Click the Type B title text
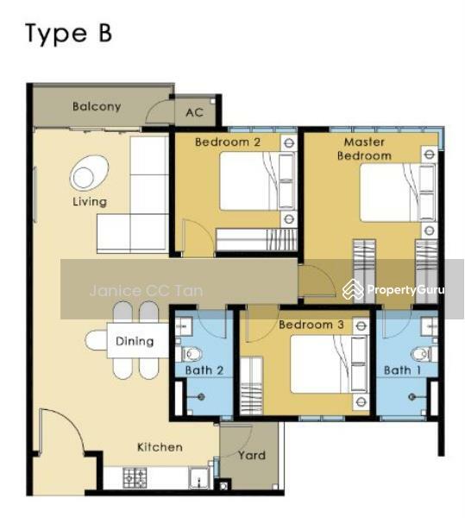[69, 34]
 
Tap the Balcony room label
[97, 107]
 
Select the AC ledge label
[194, 112]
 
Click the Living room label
[90, 201]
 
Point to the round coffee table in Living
[89, 173]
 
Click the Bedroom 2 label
[228, 142]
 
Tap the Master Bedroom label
[364, 148]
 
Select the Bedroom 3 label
[311, 325]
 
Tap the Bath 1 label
[402, 370]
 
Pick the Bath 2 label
[204, 370]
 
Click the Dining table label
[135, 341]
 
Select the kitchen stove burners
[135, 478]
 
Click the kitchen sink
[198, 478]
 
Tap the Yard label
[251, 456]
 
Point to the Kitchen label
[160, 447]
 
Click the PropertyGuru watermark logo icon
[353, 290]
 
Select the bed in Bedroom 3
[329, 364]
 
